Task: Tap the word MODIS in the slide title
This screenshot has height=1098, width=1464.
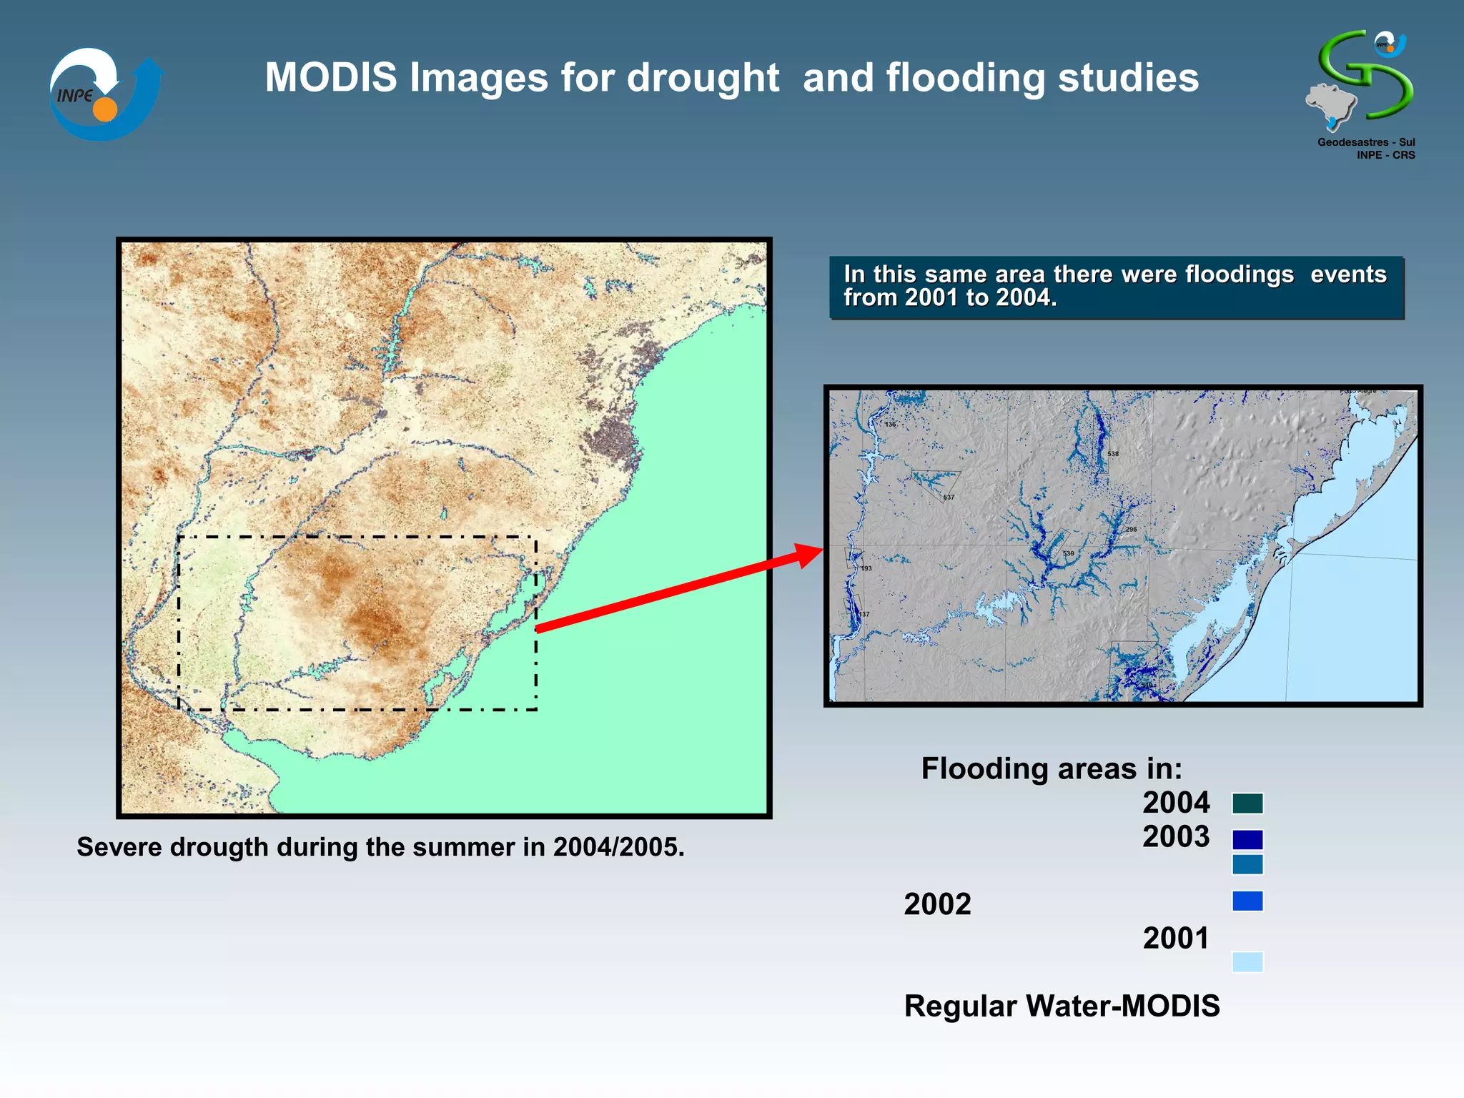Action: [330, 77]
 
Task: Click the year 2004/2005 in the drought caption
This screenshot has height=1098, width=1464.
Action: [618, 847]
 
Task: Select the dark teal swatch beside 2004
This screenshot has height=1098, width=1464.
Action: [1247, 803]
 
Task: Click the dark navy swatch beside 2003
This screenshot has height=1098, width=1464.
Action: [1247, 839]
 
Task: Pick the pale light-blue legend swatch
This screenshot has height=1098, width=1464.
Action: [1247, 961]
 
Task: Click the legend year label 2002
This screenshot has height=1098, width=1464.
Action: [937, 904]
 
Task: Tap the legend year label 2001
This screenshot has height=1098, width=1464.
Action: [1176, 938]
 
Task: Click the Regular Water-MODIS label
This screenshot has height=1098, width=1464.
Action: [1062, 1006]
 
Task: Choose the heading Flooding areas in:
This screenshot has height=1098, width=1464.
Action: [1052, 769]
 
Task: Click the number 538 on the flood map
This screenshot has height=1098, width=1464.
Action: [1113, 454]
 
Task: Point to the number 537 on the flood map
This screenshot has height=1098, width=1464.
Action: [949, 498]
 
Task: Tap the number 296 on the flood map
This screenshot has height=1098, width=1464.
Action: [1131, 530]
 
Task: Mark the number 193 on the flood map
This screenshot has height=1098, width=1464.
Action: [866, 568]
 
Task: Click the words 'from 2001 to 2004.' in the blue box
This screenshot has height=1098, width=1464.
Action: [950, 297]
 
